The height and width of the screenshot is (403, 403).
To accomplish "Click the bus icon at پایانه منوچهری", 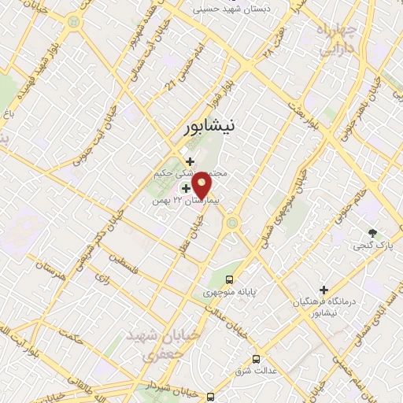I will (x=229, y=279).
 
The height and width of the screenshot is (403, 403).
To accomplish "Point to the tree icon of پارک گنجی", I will (x=373, y=233).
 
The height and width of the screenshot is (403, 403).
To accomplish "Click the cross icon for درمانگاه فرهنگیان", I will (x=324, y=290).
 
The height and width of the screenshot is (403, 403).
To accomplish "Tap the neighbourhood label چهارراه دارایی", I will (x=336, y=39).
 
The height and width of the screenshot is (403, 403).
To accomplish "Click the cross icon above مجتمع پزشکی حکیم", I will (x=190, y=161).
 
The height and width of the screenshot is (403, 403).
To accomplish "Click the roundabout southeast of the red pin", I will (x=232, y=224).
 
